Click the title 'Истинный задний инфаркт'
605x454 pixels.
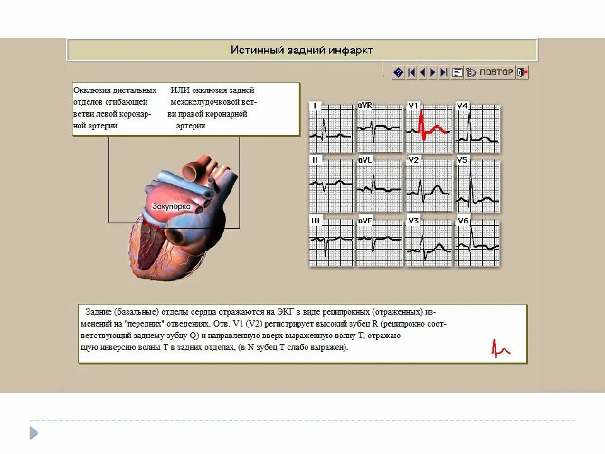(x=302, y=50)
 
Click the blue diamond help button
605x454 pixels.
(x=398, y=73)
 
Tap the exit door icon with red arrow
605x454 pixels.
(x=522, y=73)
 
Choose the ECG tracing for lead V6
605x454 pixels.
(x=477, y=242)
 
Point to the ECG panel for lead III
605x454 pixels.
(x=331, y=242)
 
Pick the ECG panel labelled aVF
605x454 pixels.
(x=379, y=242)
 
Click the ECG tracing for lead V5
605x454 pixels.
(x=477, y=183)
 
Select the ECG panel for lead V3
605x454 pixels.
(x=428, y=242)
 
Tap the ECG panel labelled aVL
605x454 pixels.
(x=379, y=183)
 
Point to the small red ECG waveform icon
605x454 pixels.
(x=500, y=348)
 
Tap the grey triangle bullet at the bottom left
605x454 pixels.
(x=33, y=433)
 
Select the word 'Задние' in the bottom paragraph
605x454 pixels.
(x=100, y=312)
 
